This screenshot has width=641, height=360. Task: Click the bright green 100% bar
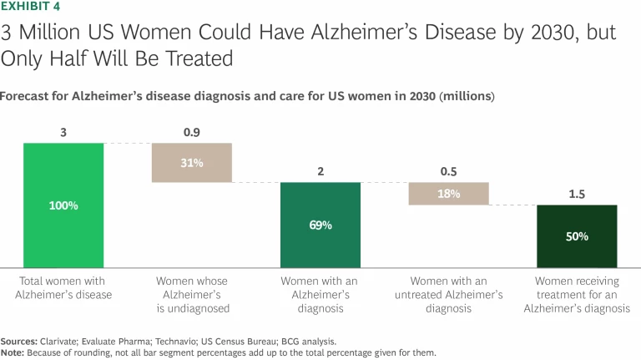[63, 205]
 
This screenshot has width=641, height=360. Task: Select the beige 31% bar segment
[191, 163]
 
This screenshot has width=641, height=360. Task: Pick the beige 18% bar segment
[448, 194]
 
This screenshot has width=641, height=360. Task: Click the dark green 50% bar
[577, 236]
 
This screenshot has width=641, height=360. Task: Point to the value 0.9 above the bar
[191, 132]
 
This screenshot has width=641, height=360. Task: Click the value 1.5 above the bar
[577, 194]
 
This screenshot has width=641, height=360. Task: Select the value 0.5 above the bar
[448, 171]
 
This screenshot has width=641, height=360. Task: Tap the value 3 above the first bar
[63, 132]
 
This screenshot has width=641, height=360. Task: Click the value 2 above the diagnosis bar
[320, 171]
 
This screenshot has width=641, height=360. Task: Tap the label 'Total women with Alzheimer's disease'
[63, 288]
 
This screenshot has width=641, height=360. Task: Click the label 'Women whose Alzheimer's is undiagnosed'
[191, 295]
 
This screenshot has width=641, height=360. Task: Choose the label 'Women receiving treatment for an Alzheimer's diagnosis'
[577, 295]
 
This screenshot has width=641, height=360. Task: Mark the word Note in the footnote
[13, 352]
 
